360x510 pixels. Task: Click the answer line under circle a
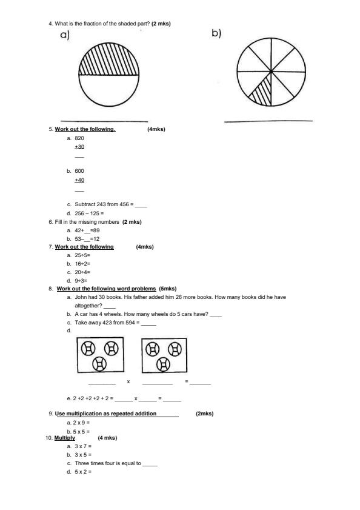point(104,121)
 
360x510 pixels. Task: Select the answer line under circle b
point(268,121)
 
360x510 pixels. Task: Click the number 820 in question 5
point(79,138)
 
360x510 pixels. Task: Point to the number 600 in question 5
point(79,171)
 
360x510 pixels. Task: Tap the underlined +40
point(79,180)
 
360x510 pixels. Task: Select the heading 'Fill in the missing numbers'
point(87,222)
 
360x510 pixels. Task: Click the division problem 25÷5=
point(82,255)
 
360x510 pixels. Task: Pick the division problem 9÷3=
point(81,281)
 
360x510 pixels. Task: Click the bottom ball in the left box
point(99,363)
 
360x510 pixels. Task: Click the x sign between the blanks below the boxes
point(128,381)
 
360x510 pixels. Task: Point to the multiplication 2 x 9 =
point(82,422)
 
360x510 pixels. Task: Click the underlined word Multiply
point(65,438)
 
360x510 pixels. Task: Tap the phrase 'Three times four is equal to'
point(107,463)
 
